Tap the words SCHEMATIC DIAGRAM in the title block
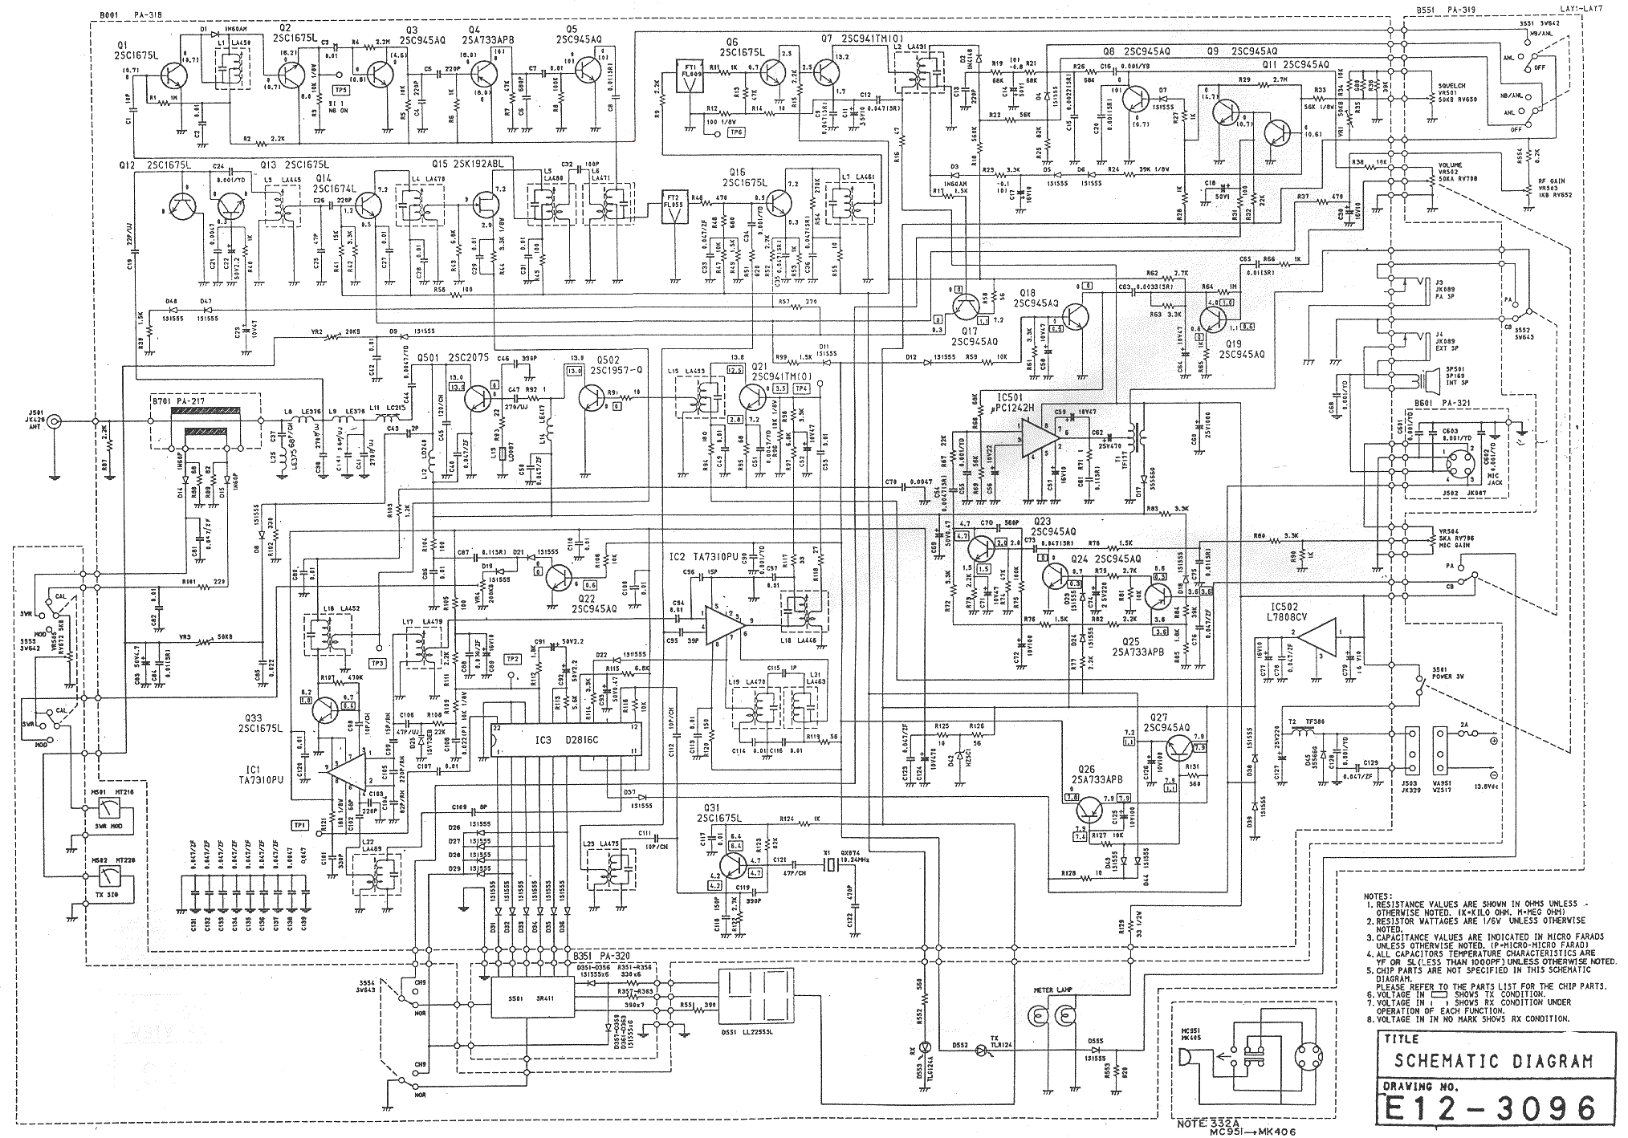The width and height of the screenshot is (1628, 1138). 1492,1060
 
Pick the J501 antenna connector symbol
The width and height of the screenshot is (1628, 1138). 54,421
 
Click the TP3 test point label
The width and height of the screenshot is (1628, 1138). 377,663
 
